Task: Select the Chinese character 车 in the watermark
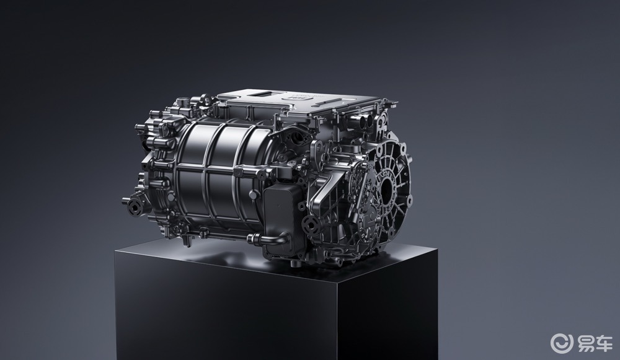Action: pyautogui.click(x=604, y=343)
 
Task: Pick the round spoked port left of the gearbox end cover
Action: pyautogui.click(x=312, y=225)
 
